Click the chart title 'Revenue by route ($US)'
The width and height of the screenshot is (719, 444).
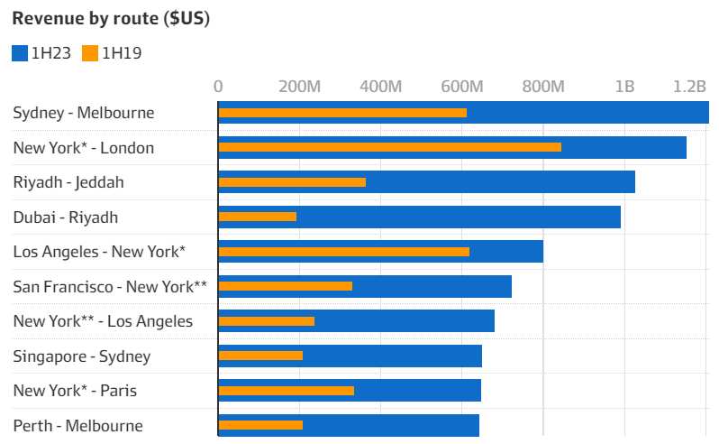[x=111, y=19]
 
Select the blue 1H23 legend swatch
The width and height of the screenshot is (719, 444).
[x=20, y=53]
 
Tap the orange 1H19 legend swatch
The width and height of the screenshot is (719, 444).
[x=90, y=53]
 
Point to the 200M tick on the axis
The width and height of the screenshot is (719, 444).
[x=300, y=87]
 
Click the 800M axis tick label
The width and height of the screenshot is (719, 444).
[x=543, y=87]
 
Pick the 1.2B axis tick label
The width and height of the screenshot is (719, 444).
[x=689, y=87]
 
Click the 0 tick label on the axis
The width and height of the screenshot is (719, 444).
[x=218, y=87]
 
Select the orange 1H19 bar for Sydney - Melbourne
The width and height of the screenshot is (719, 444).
[x=342, y=113]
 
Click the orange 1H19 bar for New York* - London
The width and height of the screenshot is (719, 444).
[x=389, y=147]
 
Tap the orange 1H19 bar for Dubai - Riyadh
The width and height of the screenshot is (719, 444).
[x=258, y=217]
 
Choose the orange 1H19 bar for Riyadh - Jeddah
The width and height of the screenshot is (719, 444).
[x=292, y=182]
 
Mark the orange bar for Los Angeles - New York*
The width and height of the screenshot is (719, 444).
[x=343, y=252]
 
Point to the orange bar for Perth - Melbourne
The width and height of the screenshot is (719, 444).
[x=260, y=425]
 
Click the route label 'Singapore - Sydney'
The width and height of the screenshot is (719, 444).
[x=82, y=356]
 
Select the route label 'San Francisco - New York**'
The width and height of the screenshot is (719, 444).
[x=110, y=286]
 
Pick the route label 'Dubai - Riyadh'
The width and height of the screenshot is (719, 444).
[x=66, y=217]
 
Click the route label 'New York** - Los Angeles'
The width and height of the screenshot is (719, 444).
[x=103, y=321]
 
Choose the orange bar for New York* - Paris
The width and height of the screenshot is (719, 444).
[x=287, y=391]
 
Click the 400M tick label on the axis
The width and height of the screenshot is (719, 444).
[x=380, y=87]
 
